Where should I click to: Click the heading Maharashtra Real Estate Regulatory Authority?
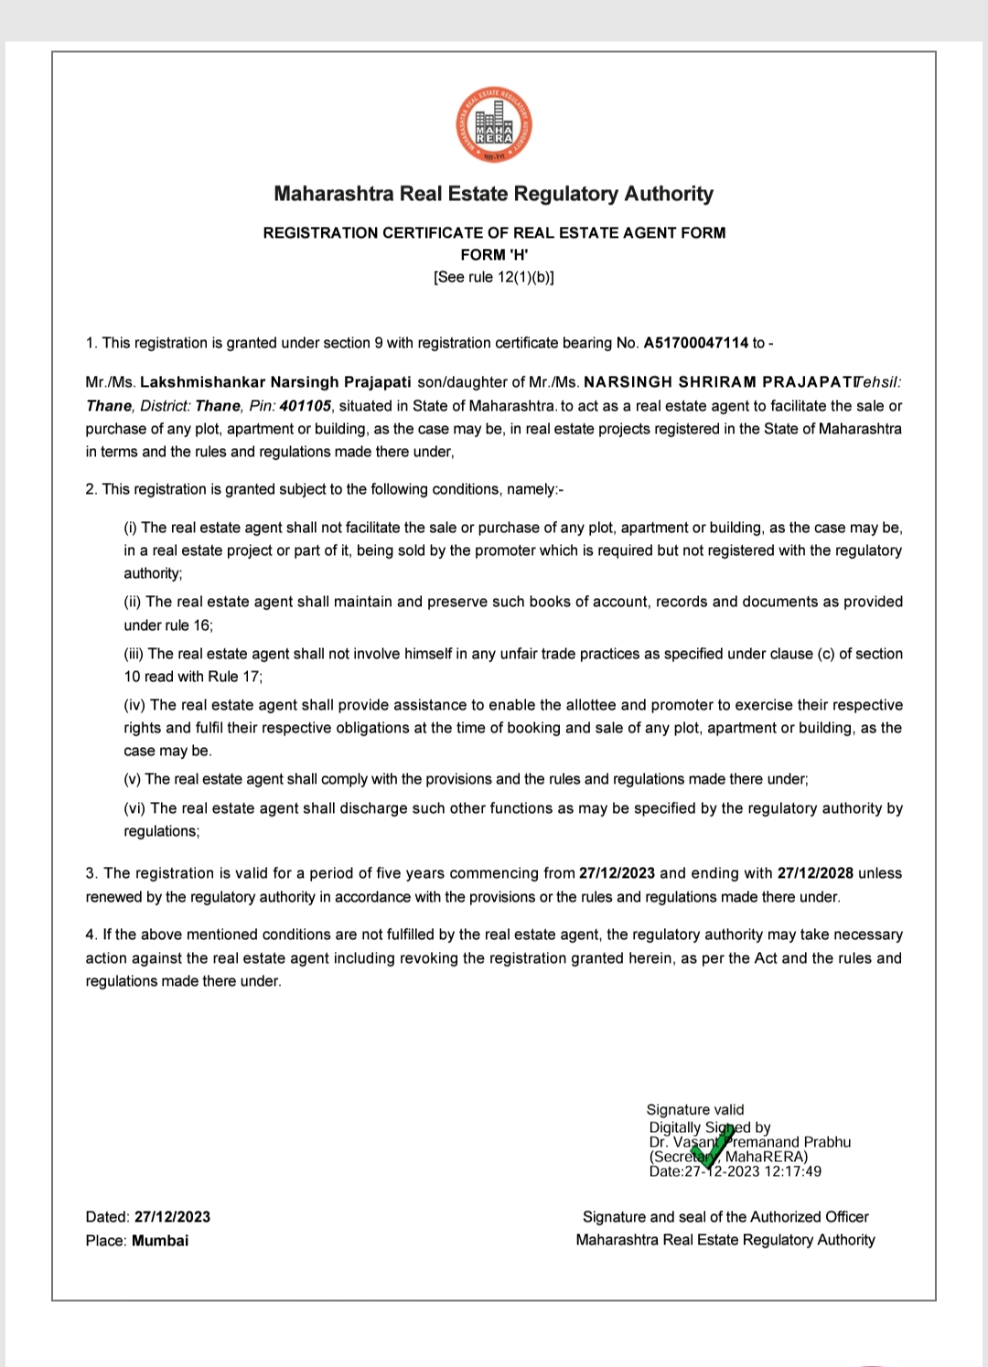pos(493,194)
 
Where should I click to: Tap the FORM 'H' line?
pos(494,255)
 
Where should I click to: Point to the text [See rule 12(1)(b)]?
pos(494,277)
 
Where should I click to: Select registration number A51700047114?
pos(696,343)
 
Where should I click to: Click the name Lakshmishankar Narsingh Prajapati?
pos(275,382)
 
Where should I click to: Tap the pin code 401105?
pos(306,406)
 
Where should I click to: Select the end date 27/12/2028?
pos(815,873)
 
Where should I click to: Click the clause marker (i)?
pos(131,528)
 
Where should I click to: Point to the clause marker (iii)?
pos(134,654)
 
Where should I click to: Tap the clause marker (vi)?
pos(135,808)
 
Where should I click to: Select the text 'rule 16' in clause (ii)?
pos(188,625)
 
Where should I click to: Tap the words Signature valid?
pos(695,1110)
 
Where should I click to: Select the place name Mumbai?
pos(160,1241)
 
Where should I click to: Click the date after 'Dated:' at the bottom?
pos(172,1217)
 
